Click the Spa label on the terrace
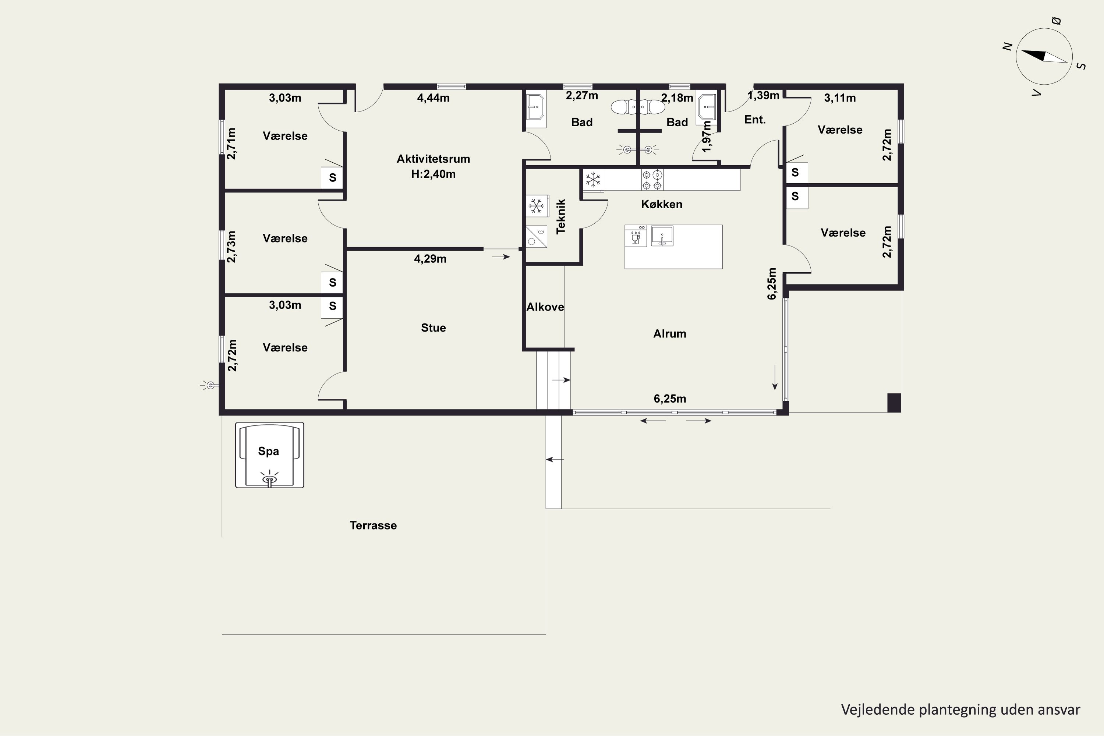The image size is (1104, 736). click(269, 451)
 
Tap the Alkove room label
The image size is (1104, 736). click(545, 307)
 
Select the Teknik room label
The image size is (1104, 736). click(560, 216)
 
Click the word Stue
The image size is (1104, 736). click(433, 328)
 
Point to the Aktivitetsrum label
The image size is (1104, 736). click(433, 159)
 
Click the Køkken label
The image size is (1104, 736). click(661, 204)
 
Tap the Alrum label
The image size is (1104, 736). click(670, 334)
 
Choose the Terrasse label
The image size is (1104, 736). click(373, 525)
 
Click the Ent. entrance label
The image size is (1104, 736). click(755, 120)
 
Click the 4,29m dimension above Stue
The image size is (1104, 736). click(430, 259)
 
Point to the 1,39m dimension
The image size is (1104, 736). click(764, 95)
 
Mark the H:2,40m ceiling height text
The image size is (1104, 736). click(433, 174)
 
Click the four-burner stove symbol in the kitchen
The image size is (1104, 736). click(652, 180)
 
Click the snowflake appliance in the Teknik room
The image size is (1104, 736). click(537, 206)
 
